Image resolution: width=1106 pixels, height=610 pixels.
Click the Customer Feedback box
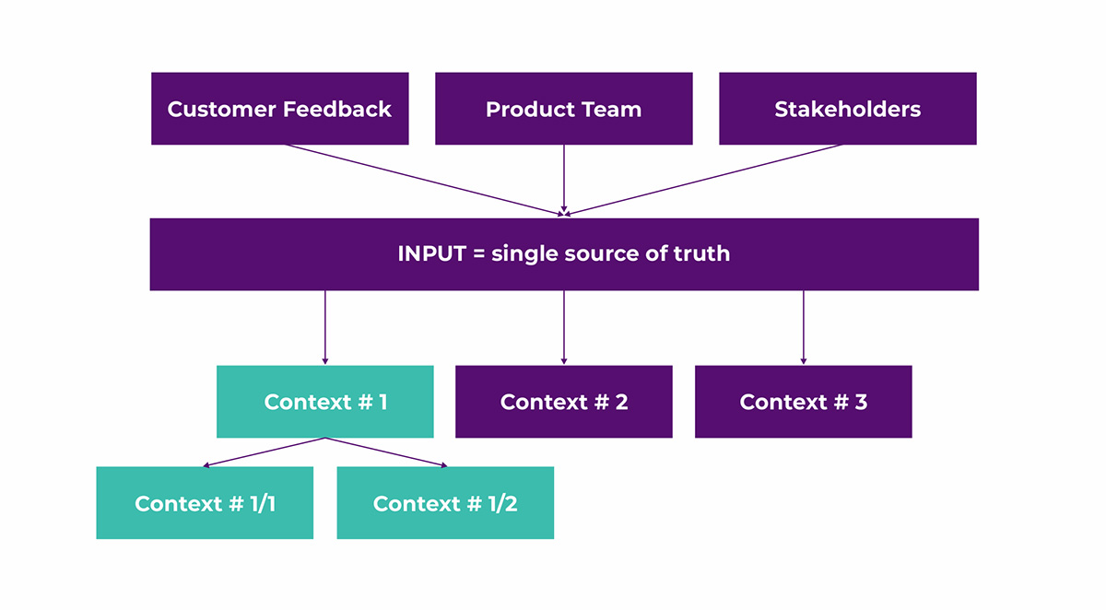(280, 109)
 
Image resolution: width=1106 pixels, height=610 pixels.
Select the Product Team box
(564, 109)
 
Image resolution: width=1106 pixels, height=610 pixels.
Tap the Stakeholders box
(848, 109)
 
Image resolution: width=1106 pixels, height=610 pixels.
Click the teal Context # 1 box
(324, 402)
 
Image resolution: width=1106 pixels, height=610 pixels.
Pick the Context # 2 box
(564, 402)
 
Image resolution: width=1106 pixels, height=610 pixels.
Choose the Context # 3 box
(804, 402)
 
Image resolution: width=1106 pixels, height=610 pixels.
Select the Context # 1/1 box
(205, 503)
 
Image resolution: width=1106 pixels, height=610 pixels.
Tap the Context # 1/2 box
(445, 503)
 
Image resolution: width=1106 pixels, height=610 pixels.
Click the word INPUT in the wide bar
(432, 253)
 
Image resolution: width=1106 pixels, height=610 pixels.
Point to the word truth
(701, 253)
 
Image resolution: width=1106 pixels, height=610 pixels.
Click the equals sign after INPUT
(479, 254)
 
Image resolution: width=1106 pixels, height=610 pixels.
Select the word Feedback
(337, 109)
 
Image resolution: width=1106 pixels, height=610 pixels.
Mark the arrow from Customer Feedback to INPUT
(425, 180)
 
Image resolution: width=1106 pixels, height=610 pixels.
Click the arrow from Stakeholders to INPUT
(702, 180)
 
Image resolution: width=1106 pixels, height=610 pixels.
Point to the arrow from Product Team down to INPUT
(564, 179)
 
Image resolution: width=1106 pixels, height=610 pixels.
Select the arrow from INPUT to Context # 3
(804, 327)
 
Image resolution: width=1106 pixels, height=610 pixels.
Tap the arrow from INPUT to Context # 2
(564, 327)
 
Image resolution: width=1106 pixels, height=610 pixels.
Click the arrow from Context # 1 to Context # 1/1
(265, 452)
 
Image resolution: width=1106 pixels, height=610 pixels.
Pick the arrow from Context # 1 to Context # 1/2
(386, 452)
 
